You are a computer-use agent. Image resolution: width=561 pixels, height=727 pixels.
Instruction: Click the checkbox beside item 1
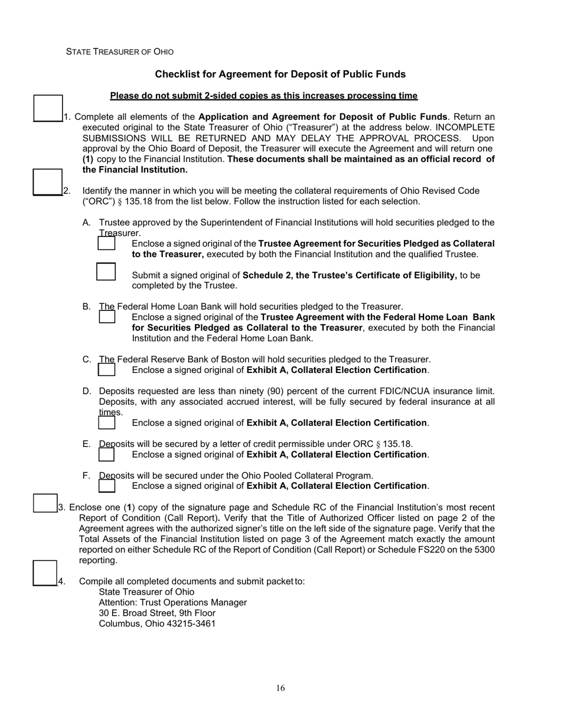tap(48, 108)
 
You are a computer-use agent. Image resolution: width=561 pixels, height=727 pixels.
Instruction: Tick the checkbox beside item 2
tap(47, 181)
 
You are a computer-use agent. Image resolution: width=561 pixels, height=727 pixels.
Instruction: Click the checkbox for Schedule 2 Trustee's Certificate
tap(106, 271)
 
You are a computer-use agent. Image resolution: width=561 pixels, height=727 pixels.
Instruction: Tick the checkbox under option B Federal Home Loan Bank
tap(107, 316)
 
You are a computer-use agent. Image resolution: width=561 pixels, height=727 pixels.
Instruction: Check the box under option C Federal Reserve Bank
tap(107, 369)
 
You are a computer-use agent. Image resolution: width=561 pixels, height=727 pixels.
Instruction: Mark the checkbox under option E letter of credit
tap(106, 454)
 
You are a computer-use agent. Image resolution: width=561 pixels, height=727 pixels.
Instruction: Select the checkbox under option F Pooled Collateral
tap(107, 485)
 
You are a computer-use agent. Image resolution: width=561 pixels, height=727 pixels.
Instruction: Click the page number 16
tap(280, 688)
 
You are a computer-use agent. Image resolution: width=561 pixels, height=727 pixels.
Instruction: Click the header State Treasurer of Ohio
tap(120, 52)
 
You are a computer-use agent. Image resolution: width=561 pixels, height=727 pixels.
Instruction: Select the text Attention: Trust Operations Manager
tap(172, 602)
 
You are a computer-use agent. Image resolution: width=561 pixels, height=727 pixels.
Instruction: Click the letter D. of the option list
tap(87, 391)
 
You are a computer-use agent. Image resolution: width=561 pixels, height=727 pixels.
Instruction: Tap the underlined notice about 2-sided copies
tap(263, 96)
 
